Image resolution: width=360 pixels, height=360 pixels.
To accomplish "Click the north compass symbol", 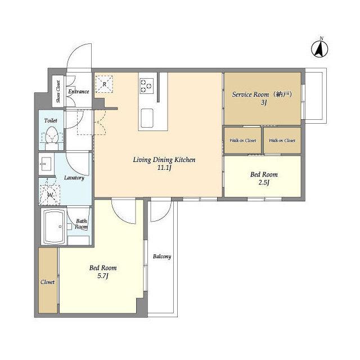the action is click(319, 49).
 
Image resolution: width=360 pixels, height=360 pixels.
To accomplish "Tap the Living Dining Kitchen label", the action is click(164, 163).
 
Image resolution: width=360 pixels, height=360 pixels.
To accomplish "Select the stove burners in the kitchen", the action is click(147, 86).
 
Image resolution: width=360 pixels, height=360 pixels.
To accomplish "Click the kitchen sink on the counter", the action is click(147, 118).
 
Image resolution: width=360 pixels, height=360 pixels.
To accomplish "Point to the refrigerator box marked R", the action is click(104, 84).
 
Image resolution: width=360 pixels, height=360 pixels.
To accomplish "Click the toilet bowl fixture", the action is click(51, 138).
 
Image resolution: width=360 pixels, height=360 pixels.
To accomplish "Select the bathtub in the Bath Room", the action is click(54, 226).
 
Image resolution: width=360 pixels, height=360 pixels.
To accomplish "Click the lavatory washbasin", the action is click(46, 164).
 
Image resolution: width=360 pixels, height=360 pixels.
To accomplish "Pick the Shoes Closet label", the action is click(58, 91).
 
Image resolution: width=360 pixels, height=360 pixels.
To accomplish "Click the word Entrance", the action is click(79, 91).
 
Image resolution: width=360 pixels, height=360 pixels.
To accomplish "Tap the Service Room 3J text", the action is click(262, 98).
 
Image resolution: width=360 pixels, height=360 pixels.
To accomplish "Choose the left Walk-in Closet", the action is click(242, 141).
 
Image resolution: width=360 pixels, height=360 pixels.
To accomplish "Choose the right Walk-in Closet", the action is click(282, 141).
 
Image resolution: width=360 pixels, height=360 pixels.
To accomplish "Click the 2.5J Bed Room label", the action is click(264, 178).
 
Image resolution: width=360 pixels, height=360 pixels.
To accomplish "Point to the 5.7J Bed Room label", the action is click(103, 272).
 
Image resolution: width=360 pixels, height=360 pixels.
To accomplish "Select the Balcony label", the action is click(162, 256).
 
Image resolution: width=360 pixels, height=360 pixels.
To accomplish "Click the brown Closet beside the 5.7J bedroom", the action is click(48, 280).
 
